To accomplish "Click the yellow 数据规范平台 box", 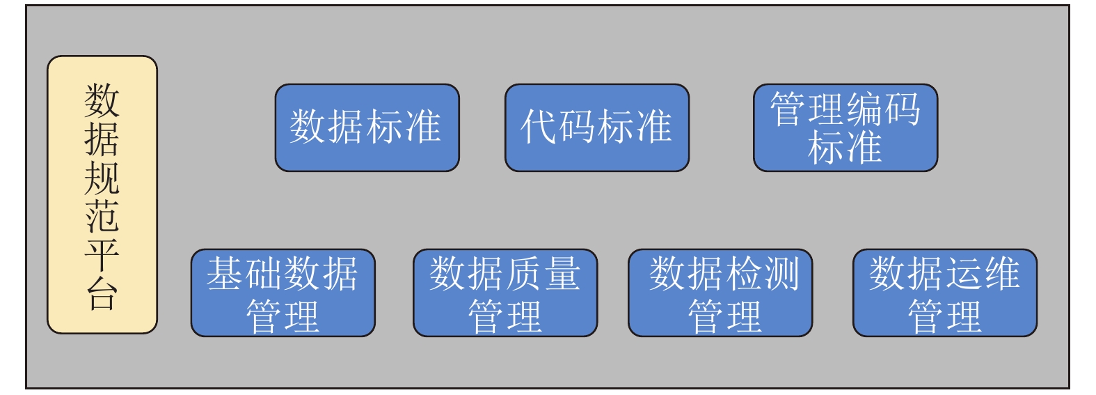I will coord(102,194).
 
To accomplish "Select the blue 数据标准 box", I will coord(367,127).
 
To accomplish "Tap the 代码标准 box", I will coord(596,127).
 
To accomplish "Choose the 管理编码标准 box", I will coord(845,127).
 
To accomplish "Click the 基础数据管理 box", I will coord(283,293).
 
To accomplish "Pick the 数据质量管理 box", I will coord(505,293).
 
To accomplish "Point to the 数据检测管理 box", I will coord(720,293).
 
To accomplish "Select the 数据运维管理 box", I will coord(944,293).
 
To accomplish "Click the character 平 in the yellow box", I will coord(102,255).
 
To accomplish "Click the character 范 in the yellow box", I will coord(102,216).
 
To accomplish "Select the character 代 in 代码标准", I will coord(540,127).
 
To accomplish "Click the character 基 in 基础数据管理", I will coord(225,273).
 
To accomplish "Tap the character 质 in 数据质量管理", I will coord(523,273).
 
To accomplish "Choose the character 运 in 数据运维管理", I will coord(963,273).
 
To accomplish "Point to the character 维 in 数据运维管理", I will coord(1001,273).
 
